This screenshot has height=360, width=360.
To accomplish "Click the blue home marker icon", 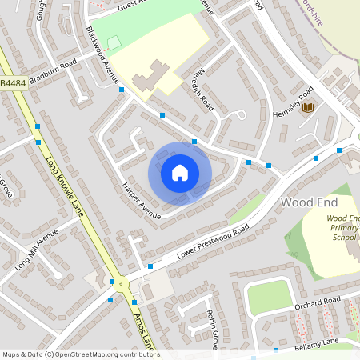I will (180, 173).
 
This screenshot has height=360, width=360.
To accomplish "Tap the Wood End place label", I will (309, 202).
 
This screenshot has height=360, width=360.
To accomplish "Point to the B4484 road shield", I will (13, 82).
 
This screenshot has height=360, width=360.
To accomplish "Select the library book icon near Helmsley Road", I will (308, 108).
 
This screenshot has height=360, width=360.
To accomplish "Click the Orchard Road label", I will (318, 301).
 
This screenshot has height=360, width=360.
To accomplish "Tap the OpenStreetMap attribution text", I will (80, 354).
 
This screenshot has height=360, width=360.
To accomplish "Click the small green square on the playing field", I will (114, 41).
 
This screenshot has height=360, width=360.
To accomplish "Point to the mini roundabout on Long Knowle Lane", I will (121, 283).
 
